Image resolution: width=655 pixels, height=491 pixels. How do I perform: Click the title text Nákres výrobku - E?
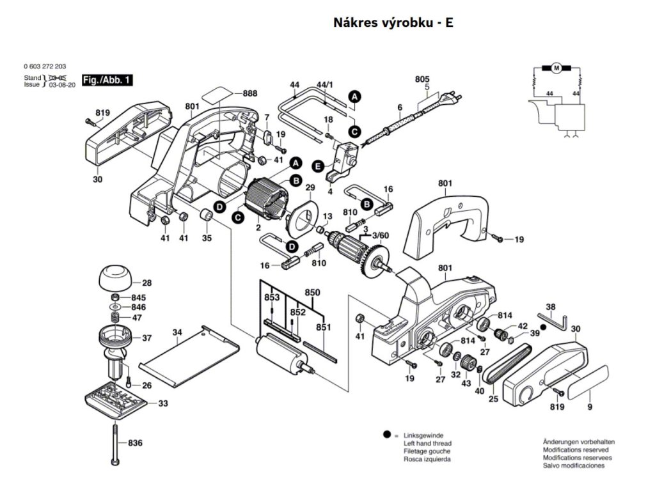tap(393, 23)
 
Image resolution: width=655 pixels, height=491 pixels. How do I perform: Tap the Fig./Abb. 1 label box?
tap(109, 81)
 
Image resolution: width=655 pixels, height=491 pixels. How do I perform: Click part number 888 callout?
tap(249, 93)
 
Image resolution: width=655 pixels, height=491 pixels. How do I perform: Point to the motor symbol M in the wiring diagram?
tap(556, 68)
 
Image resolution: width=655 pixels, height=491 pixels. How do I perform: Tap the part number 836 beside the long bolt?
tap(135, 443)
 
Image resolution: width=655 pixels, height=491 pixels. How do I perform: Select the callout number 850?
tap(312, 292)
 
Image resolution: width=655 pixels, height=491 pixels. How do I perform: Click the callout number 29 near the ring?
tap(310, 187)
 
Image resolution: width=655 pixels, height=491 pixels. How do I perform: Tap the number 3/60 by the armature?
tap(380, 236)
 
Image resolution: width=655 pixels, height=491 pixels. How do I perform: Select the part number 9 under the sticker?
tap(590, 405)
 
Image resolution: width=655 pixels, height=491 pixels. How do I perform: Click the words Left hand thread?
tap(427, 443)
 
